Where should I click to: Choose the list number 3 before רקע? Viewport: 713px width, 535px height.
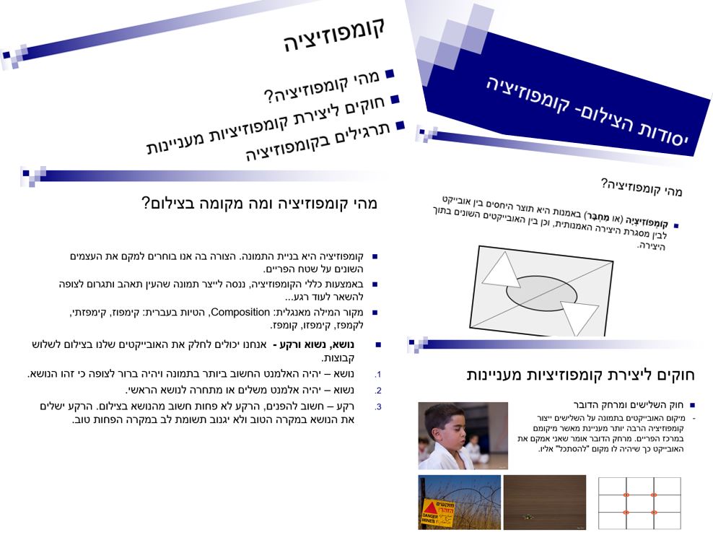coord(377,406)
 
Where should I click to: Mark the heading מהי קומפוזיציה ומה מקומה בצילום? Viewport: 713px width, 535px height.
coord(259,204)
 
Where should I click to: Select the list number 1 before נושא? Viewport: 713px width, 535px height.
coord(377,375)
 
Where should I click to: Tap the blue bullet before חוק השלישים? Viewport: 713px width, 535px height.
coord(692,406)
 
